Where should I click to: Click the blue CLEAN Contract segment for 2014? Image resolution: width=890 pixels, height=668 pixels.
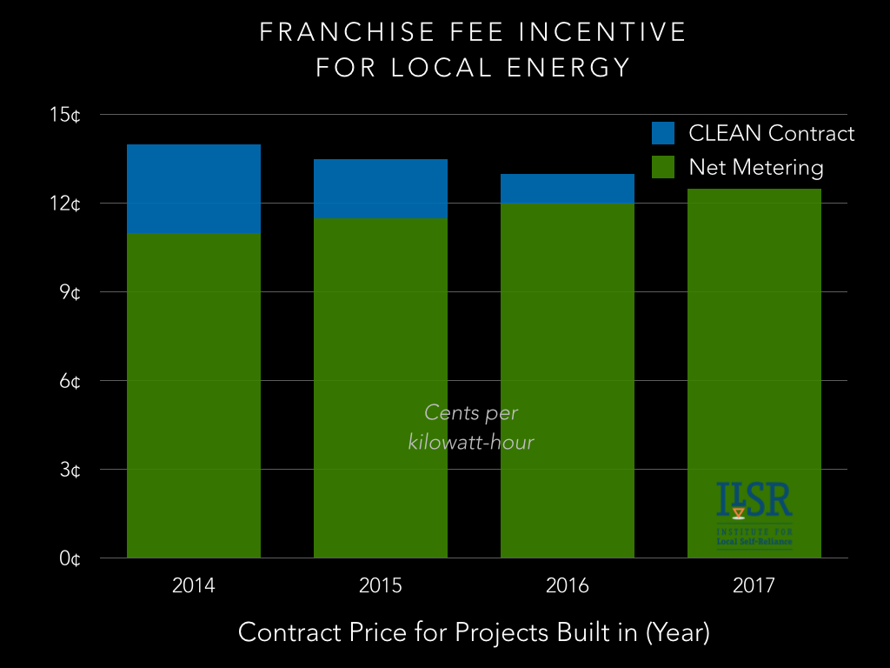(194, 189)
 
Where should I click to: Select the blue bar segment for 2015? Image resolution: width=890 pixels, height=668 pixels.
(381, 189)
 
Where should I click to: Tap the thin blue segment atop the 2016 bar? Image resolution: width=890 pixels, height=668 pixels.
(568, 188)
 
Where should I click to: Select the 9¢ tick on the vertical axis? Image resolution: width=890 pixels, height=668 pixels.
(70, 292)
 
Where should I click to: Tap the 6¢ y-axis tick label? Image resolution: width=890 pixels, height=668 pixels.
(70, 381)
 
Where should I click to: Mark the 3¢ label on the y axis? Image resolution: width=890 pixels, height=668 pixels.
(70, 470)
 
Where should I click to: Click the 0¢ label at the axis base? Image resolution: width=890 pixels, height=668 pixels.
(70, 558)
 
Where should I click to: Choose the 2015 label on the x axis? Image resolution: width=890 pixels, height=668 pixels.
(381, 585)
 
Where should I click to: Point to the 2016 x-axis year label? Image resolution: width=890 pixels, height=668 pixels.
(568, 585)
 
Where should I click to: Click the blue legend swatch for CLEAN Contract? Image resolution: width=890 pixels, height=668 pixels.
(664, 133)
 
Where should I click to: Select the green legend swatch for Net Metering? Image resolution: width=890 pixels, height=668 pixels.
(664, 166)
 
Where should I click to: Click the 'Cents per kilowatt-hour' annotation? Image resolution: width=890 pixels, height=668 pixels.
(470, 427)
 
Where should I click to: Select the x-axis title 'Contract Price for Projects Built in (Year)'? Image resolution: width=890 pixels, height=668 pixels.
(474, 632)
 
